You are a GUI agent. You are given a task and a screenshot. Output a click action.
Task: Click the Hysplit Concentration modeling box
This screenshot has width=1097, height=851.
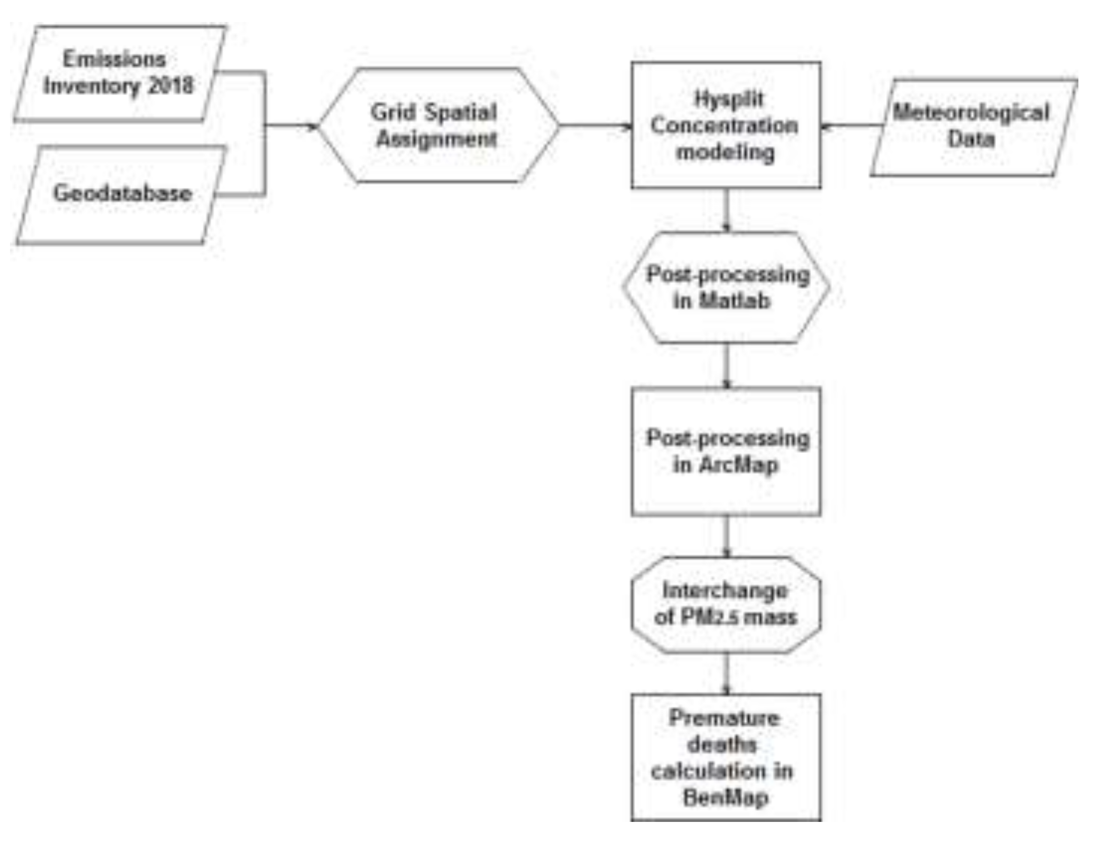pos(726,125)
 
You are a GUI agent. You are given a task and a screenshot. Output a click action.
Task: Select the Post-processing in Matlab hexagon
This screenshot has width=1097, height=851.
pos(726,287)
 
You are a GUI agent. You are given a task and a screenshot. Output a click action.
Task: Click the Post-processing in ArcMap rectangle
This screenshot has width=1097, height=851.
pos(726,451)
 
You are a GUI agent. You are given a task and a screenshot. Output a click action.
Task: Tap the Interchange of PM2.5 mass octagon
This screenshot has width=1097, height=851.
pos(726,605)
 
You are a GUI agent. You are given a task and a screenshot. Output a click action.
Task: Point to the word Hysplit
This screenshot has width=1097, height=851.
pos(728,99)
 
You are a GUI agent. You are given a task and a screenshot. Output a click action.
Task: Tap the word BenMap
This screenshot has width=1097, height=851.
pos(726,797)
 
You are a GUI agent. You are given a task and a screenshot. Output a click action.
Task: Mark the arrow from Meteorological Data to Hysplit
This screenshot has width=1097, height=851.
pos(852,125)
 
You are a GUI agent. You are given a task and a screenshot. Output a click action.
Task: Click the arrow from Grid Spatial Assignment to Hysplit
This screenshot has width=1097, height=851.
pos(595,125)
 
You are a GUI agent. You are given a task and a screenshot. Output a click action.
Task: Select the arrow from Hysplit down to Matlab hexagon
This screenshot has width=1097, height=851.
pos(726,210)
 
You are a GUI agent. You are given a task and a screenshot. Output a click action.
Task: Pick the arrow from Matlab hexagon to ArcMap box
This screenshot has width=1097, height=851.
pos(726,365)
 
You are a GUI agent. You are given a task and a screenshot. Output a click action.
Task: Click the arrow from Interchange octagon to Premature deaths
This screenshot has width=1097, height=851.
pos(726,673)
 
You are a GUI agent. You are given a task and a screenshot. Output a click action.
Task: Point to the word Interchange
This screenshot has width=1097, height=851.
pos(725,590)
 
